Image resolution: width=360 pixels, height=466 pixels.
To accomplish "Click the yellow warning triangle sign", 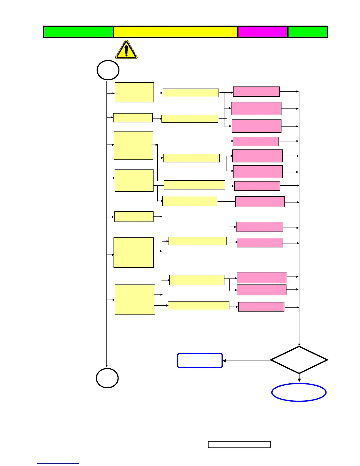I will pos(126,50).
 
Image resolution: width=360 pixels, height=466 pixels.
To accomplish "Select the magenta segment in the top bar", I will pos(263,32).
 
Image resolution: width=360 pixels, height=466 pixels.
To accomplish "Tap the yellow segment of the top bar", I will pos(176,32).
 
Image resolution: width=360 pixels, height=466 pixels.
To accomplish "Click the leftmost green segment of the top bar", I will pos(79,32).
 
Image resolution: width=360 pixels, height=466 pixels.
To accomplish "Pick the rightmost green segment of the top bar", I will pos(308,32).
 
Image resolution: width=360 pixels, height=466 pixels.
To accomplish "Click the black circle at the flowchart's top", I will pos(108,70).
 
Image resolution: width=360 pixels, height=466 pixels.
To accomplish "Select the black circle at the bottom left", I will pos(107,378).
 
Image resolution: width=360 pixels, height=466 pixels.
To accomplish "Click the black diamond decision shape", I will pos(299,360).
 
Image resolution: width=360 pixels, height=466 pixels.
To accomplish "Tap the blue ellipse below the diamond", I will pos(299,392).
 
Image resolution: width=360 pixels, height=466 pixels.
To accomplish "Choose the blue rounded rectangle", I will pos(200,361).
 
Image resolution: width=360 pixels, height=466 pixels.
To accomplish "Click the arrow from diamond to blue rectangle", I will pos(247,361).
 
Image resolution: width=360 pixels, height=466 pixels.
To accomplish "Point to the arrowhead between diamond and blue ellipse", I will pos(299,380).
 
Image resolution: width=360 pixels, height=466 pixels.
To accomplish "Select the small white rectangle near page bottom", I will pos(239,445).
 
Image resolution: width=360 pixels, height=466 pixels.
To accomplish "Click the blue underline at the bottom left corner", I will pos(58,463).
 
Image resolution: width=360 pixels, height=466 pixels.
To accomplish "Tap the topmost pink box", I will pos(256,91).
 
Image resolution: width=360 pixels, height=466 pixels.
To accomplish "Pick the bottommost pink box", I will pos(261,307).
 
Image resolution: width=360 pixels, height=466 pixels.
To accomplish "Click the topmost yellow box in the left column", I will pos(134,92).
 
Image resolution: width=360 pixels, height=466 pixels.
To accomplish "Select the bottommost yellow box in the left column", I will pos(135,299).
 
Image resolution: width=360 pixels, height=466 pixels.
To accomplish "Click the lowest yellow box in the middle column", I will pos(199,306).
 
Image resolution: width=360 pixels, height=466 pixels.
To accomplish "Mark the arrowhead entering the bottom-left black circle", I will pos(106,365).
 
